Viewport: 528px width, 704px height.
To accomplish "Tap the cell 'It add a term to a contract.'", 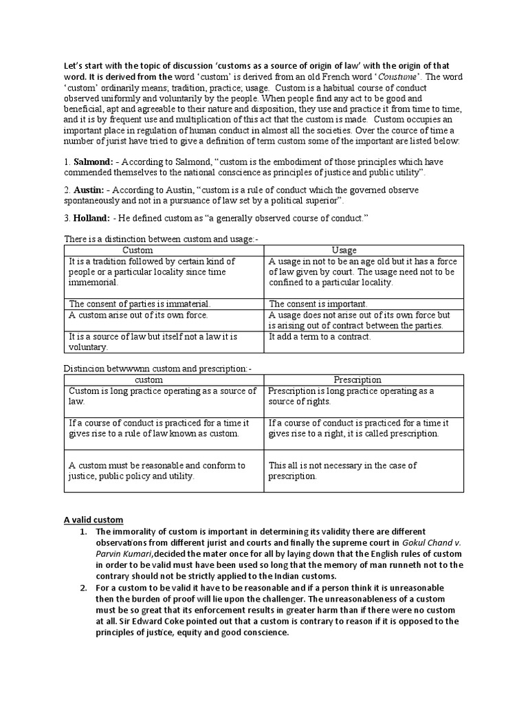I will click(320, 336).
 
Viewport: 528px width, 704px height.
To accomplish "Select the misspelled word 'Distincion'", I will click(85, 368).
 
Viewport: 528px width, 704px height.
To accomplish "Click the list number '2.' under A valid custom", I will click(84, 588).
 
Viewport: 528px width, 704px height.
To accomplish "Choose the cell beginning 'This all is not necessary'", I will click(342, 470).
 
